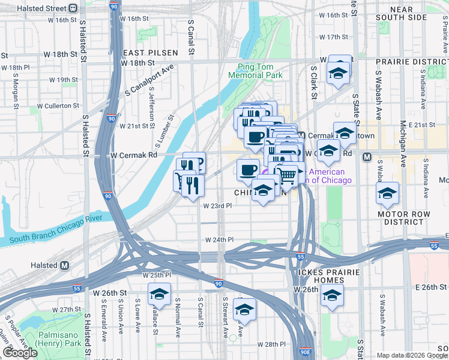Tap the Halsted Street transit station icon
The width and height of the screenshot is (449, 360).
click(73, 8)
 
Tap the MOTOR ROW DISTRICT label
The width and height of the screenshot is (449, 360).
click(403, 218)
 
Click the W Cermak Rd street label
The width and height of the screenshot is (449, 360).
click(133, 155)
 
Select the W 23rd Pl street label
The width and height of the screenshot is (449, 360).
click(217, 206)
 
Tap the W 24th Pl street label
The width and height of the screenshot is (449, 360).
click(219, 239)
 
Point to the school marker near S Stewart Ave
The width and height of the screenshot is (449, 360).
click(244, 310)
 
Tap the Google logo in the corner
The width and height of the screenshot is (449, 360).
click(20, 353)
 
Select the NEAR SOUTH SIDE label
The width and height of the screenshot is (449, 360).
click(410, 14)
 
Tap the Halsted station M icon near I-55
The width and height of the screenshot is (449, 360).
click(65, 265)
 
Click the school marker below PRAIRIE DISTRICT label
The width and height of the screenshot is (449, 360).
click(339, 73)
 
